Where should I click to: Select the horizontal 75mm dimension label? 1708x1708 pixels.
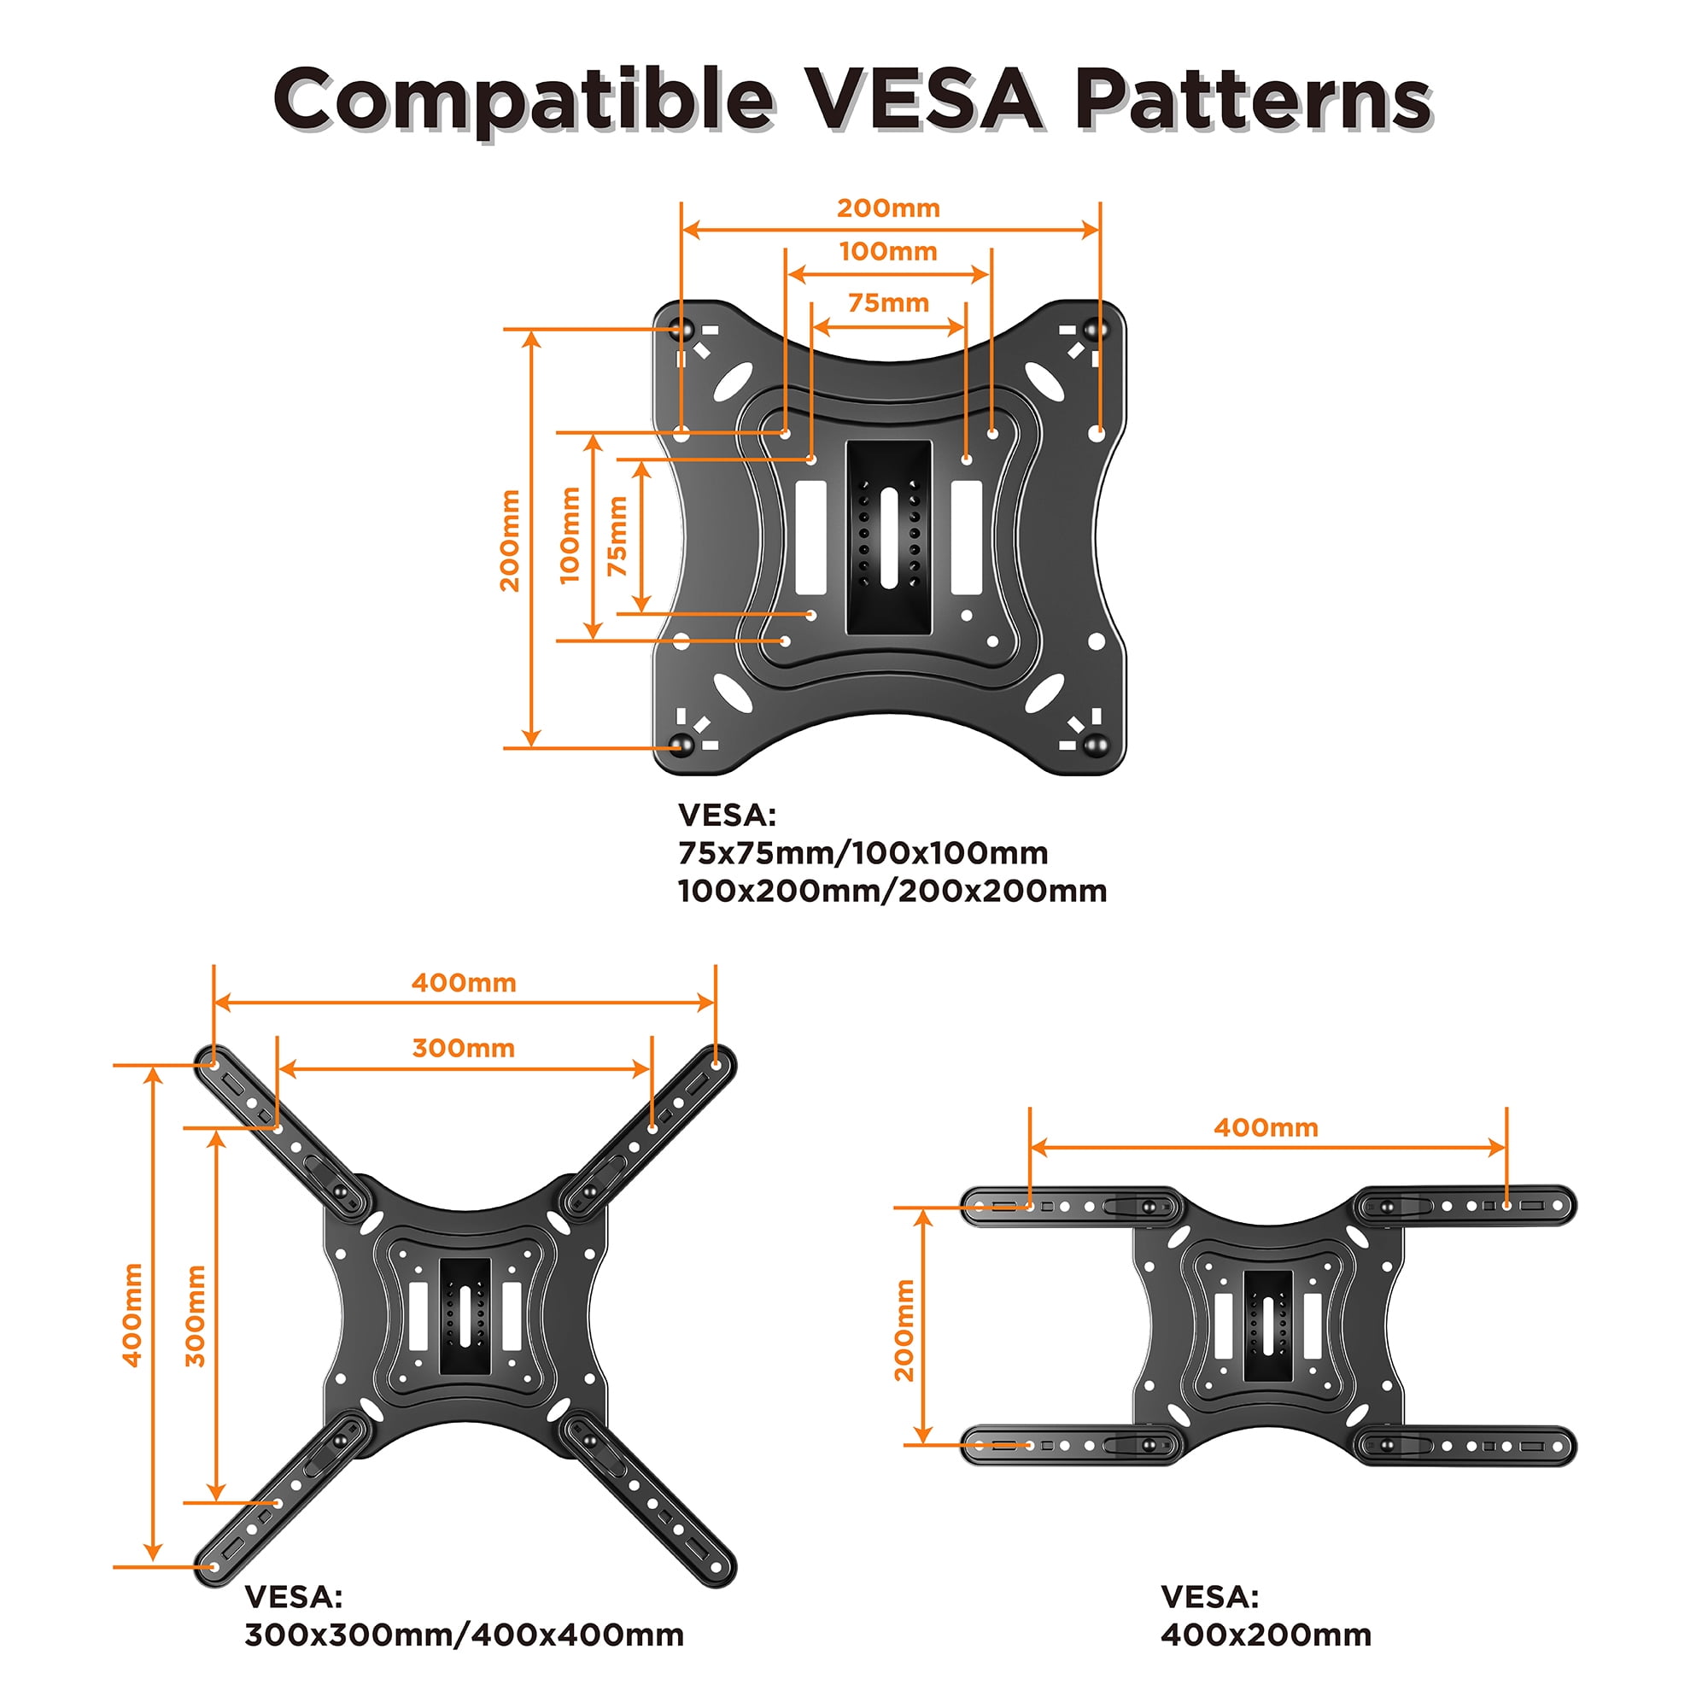[x=888, y=303]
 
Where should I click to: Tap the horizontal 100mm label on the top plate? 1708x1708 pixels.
[x=888, y=252]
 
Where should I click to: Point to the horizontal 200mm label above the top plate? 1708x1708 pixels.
[x=888, y=208]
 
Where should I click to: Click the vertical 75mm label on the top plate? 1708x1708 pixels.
[x=618, y=536]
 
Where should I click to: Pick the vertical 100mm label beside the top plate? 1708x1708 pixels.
[x=570, y=535]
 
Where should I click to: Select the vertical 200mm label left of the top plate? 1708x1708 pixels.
[x=510, y=541]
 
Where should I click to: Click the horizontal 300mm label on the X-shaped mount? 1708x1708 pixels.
[x=463, y=1049]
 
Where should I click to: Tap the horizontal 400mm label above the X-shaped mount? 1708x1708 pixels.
[x=463, y=983]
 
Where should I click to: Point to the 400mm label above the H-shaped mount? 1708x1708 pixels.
[x=1266, y=1128]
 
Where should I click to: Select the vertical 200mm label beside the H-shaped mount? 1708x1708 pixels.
[x=904, y=1331]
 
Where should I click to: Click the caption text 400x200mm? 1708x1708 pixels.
[x=1266, y=1635]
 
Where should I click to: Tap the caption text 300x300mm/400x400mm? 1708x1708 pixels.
[x=464, y=1635]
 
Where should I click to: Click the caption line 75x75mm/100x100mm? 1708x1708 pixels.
[x=863, y=853]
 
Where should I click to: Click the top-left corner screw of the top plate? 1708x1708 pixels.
[x=681, y=330]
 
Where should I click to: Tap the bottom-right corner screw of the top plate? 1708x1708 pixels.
[x=1097, y=745]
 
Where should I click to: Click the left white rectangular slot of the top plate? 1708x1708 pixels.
[x=810, y=537]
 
